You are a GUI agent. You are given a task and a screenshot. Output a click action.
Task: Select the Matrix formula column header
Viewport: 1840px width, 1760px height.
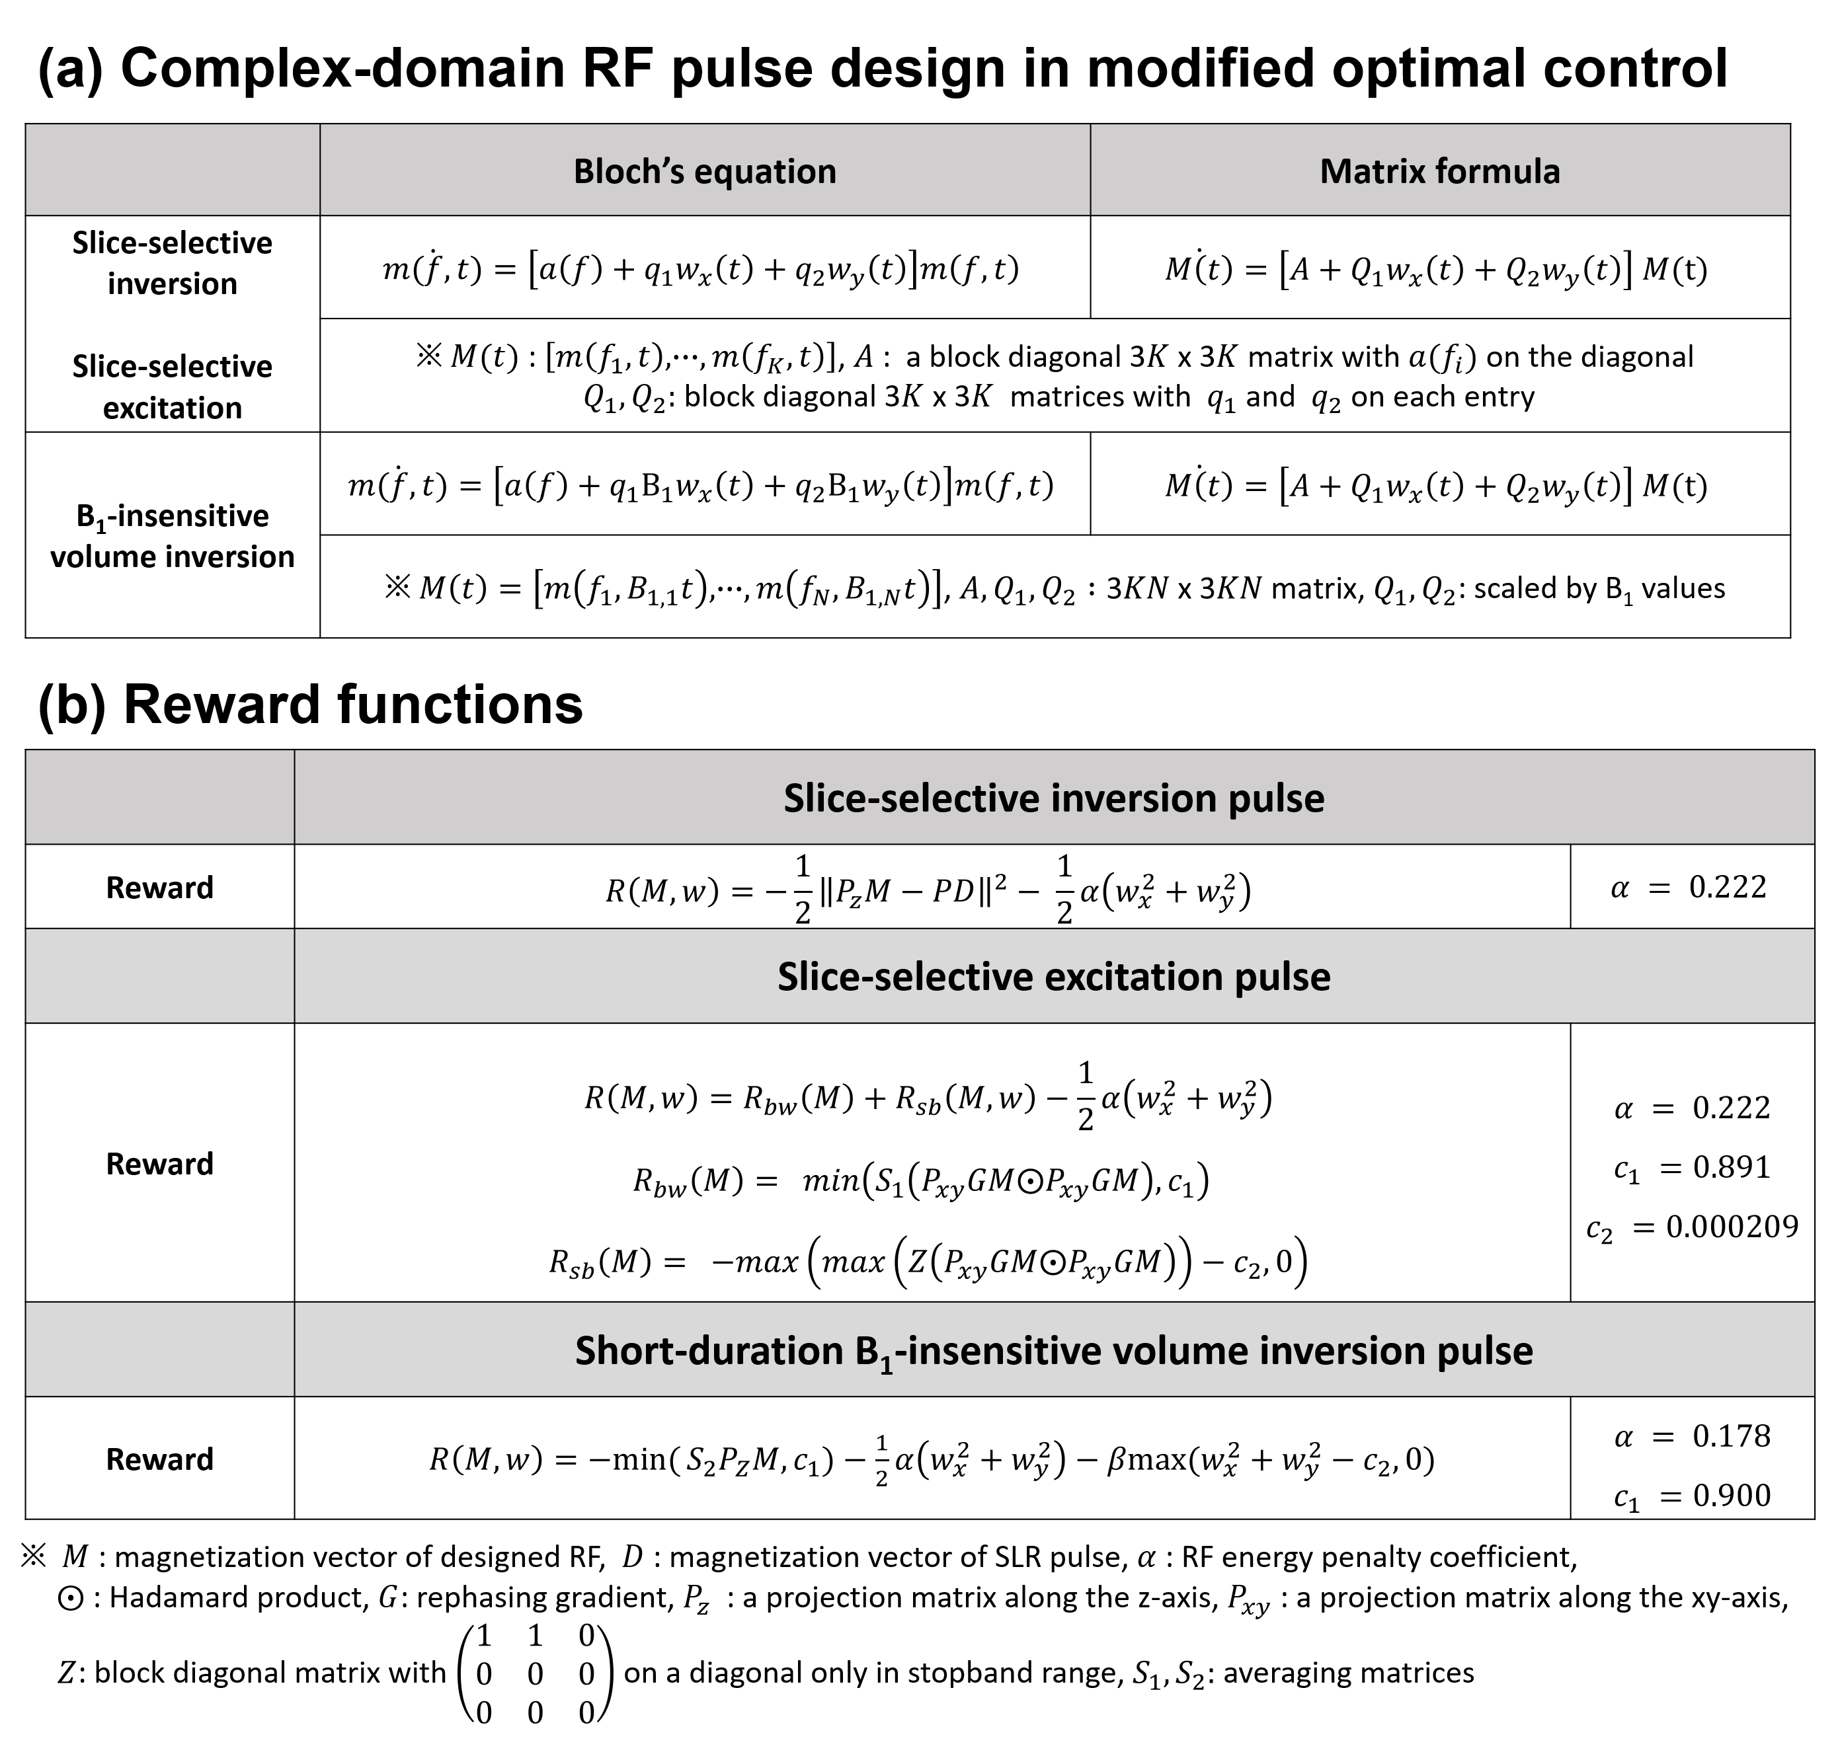coord(1439,172)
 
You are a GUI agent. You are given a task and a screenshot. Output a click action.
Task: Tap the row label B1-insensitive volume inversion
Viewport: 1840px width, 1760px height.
coord(172,536)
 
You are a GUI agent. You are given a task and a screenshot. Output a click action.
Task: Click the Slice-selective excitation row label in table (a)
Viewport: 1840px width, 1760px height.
coord(172,387)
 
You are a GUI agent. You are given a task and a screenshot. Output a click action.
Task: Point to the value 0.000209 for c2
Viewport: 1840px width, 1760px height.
coord(1731,1227)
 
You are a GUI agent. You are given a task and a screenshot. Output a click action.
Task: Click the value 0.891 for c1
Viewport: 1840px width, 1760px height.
coord(1731,1167)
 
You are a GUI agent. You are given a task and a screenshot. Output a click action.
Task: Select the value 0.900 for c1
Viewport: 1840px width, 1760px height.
coord(1731,1496)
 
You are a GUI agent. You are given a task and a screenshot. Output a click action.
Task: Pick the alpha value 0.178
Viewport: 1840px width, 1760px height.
coord(1731,1436)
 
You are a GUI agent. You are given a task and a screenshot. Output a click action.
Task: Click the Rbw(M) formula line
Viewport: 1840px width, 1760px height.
coord(920,1180)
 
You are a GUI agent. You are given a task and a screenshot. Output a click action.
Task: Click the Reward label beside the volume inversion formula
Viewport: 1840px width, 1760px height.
coord(159,1460)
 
